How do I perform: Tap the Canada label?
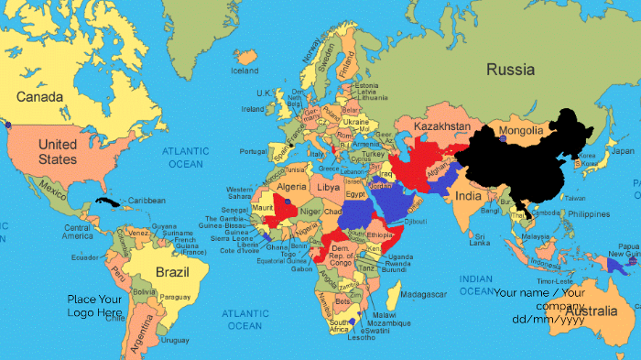[39, 97]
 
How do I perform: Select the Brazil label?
[172, 272]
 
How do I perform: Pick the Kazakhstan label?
[442, 125]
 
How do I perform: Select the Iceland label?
[244, 71]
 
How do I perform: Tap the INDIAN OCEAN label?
[476, 285]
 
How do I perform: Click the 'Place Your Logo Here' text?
[95, 306]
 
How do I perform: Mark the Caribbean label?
[147, 201]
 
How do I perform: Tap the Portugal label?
[253, 151]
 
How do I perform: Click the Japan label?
[623, 150]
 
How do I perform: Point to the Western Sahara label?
[240, 194]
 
